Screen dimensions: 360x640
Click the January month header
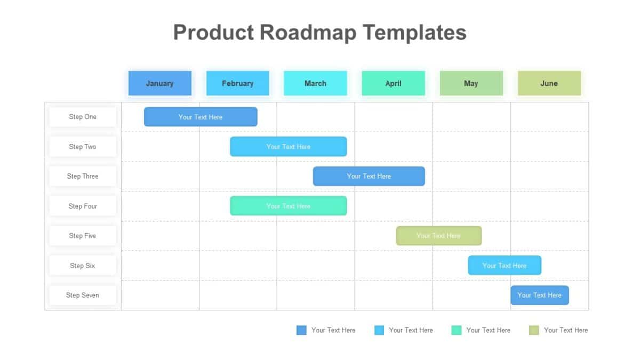click(x=159, y=83)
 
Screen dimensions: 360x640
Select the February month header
click(x=237, y=83)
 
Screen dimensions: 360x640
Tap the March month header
click(x=315, y=83)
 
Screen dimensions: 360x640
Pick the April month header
click(x=393, y=83)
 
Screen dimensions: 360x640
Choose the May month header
click(x=471, y=83)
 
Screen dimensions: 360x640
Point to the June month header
click(x=549, y=83)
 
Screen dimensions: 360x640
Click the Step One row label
click(x=83, y=117)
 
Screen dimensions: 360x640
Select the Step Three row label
click(x=83, y=176)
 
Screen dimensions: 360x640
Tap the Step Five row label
click(x=83, y=236)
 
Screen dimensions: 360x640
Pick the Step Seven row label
click(x=83, y=295)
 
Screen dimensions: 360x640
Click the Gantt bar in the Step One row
click(x=201, y=117)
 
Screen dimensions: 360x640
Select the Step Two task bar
click(x=288, y=147)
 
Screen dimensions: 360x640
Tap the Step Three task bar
click(x=369, y=176)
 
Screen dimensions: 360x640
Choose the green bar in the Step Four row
click(x=288, y=206)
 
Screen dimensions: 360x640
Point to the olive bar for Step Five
click(x=438, y=236)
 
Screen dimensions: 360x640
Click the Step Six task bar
click(x=505, y=266)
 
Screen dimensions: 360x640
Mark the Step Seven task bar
click(x=539, y=295)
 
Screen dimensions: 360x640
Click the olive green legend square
click(x=534, y=330)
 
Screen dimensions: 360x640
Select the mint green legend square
click(x=456, y=330)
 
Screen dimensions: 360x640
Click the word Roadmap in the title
click(x=308, y=33)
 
